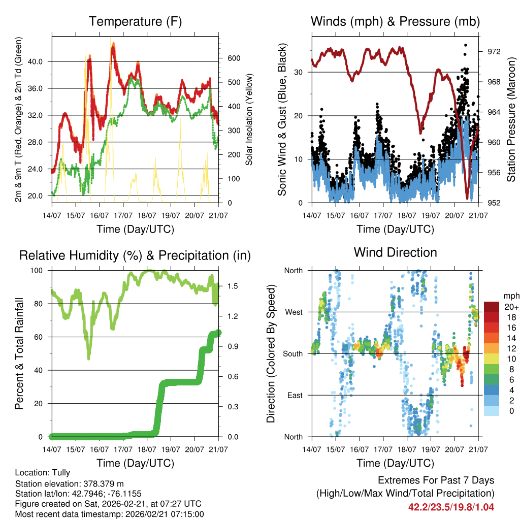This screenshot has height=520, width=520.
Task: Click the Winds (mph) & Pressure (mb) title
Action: (395, 22)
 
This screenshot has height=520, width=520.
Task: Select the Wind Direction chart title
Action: (395, 252)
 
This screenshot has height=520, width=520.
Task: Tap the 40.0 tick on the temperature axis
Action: (40, 61)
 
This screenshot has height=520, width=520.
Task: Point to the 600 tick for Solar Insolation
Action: (233, 58)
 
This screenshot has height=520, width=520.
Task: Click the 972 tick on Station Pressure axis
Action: (494, 51)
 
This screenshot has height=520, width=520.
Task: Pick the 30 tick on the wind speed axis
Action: (299, 72)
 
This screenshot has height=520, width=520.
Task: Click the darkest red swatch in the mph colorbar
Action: (491, 307)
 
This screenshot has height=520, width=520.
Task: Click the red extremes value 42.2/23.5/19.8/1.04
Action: (451, 507)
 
